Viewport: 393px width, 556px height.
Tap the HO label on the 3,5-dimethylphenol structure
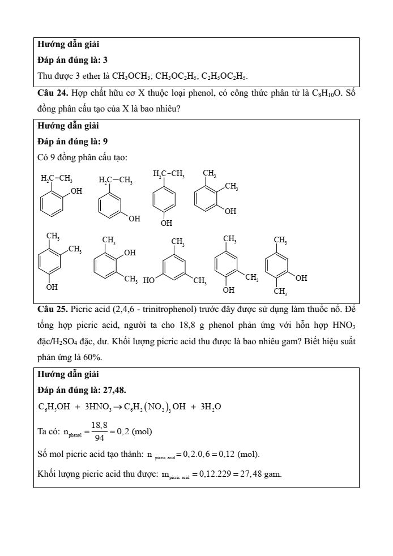[x=149, y=280]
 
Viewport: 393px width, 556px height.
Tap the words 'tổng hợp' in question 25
[x=52, y=326]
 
